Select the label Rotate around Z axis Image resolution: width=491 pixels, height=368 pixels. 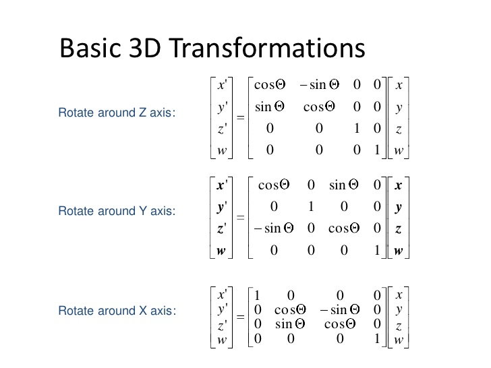[117, 113]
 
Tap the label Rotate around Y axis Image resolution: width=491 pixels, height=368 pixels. [117, 211]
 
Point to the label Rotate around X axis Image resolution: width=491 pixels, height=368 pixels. [117, 311]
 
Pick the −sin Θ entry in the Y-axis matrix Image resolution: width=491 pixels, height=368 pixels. [274, 228]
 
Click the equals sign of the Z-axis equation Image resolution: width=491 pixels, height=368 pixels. [240, 118]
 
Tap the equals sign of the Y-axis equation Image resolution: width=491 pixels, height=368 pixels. [240, 218]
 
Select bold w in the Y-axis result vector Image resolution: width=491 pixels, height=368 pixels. [221, 251]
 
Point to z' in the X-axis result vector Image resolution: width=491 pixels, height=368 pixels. [222, 325]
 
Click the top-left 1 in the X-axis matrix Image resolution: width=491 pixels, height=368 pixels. [257, 295]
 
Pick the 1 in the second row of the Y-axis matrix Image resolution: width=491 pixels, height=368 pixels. [311, 207]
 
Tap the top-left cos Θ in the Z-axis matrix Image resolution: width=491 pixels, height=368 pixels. [270, 85]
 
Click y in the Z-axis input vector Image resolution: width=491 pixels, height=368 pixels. [399, 107]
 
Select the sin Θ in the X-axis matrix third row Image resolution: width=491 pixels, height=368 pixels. [291, 325]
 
